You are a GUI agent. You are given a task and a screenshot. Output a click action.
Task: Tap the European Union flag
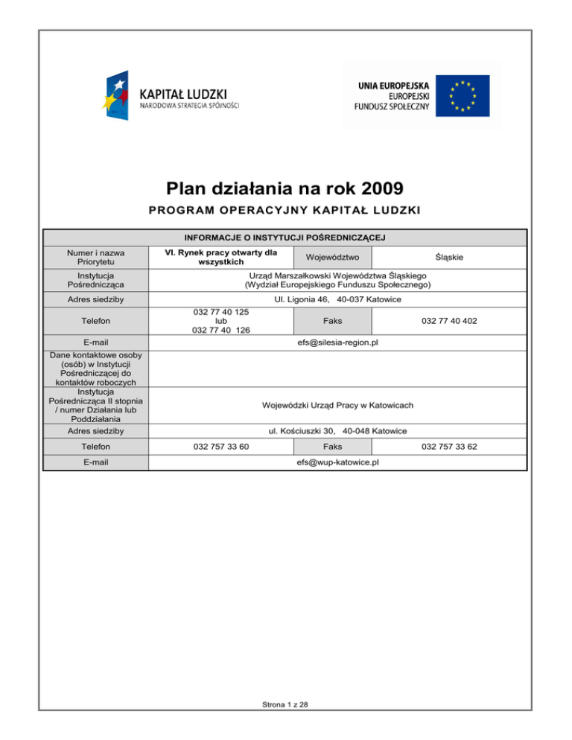pos(463,95)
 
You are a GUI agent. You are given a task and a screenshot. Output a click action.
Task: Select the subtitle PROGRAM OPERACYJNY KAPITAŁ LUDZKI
pos(285,211)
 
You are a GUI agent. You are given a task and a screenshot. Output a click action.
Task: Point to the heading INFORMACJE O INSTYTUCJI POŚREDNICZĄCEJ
pos(285,237)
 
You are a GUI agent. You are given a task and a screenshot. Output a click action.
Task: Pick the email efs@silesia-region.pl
pos(337,342)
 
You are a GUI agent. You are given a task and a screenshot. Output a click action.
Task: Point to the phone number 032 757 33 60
pos(221,447)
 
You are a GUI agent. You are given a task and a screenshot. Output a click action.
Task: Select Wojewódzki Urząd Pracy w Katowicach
pos(337,405)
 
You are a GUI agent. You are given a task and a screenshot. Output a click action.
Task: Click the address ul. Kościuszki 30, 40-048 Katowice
pos(337,430)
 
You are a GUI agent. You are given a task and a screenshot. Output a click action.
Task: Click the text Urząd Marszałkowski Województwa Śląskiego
pos(337,275)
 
